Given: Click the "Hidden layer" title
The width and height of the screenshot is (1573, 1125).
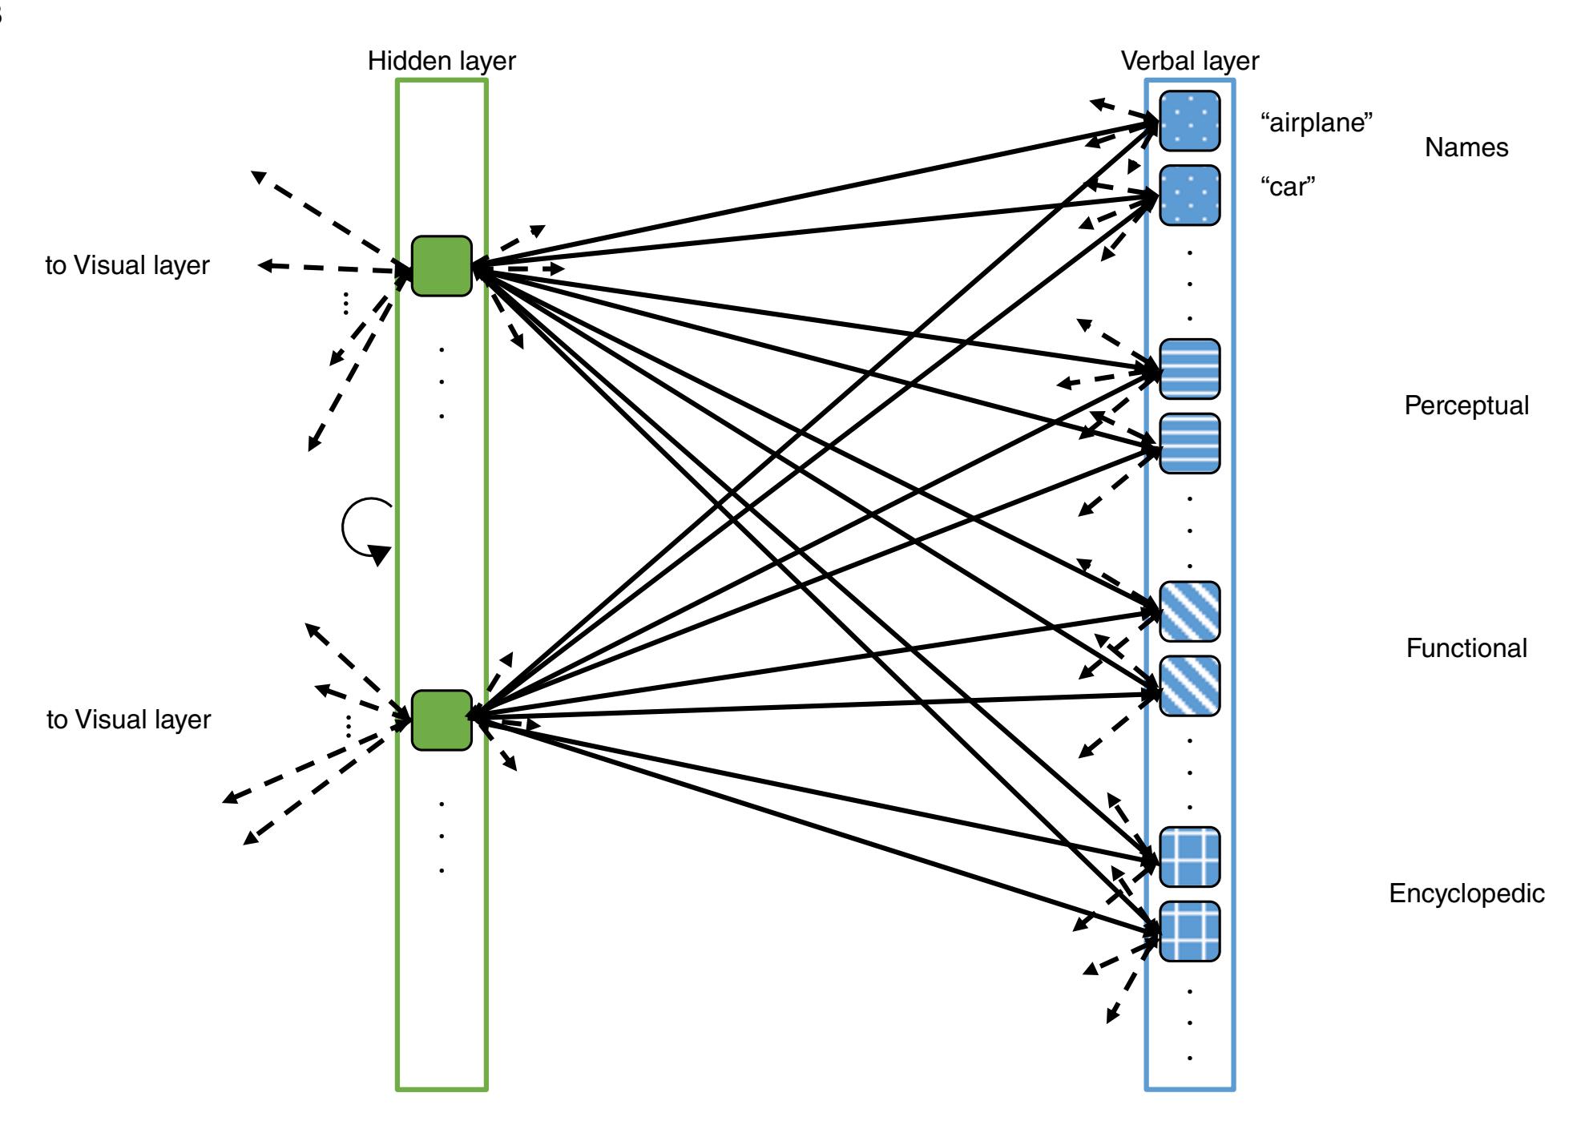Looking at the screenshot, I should [x=442, y=61].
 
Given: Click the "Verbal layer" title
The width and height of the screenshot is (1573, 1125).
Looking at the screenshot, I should [x=1189, y=61].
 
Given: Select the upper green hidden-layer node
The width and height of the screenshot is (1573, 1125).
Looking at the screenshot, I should [x=442, y=266].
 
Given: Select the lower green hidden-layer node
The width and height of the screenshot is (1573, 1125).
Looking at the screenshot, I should [x=442, y=720].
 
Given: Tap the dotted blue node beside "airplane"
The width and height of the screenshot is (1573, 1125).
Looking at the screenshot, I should [x=1190, y=121].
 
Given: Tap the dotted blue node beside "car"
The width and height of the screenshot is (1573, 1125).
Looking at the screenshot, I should [x=1190, y=196].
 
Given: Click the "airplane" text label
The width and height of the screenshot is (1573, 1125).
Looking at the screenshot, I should [x=1317, y=123].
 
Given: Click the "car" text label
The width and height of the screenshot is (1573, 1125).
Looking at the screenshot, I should [x=1288, y=187].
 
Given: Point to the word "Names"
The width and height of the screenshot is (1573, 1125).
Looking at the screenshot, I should [x=1466, y=147].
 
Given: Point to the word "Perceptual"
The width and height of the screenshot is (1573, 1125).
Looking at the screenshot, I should [x=1466, y=405].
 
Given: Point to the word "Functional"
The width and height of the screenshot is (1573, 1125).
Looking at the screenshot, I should [x=1466, y=648].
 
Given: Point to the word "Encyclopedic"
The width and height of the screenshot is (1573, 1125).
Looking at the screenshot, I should [x=1466, y=893].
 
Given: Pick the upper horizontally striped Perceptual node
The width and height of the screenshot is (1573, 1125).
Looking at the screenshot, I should [x=1190, y=369].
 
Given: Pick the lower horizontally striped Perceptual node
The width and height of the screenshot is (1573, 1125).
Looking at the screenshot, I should [x=1190, y=443].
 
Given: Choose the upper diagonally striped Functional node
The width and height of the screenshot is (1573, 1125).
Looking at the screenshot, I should [x=1190, y=611].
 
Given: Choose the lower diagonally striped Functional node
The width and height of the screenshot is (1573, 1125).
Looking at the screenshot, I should [x=1190, y=686].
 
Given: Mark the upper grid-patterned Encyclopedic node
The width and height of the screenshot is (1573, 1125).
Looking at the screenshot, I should [x=1190, y=857].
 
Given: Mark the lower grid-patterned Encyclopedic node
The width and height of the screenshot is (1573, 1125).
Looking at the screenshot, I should [x=1190, y=931].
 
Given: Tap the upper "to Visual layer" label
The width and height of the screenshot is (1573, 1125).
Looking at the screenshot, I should [x=127, y=265].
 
